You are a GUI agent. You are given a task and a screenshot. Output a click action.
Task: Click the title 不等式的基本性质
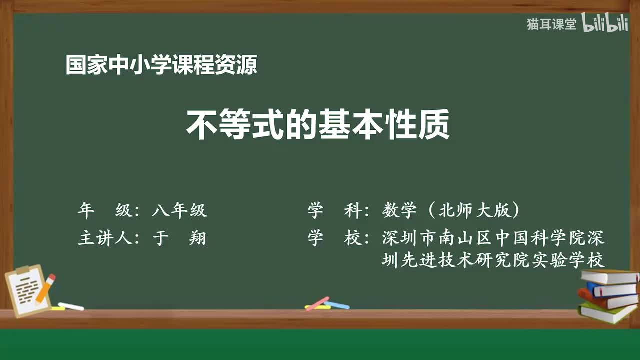(318, 125)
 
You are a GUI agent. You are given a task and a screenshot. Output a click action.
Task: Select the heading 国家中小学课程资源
(161, 65)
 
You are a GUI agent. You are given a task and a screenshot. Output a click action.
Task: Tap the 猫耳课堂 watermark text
(551, 24)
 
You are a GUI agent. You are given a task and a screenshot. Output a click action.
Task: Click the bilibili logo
(605, 24)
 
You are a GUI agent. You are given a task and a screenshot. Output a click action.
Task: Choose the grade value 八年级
(179, 211)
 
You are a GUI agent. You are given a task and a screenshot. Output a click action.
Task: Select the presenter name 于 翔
(179, 238)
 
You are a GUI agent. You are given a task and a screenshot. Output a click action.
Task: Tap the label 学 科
(335, 211)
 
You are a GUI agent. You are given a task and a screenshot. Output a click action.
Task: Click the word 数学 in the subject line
(399, 211)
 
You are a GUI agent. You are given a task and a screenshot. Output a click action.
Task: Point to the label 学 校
(335, 238)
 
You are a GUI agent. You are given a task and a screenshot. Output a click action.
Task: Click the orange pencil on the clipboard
(45, 288)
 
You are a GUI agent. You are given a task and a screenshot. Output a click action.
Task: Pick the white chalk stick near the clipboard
(71, 306)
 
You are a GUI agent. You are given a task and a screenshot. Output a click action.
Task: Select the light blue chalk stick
(338, 304)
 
